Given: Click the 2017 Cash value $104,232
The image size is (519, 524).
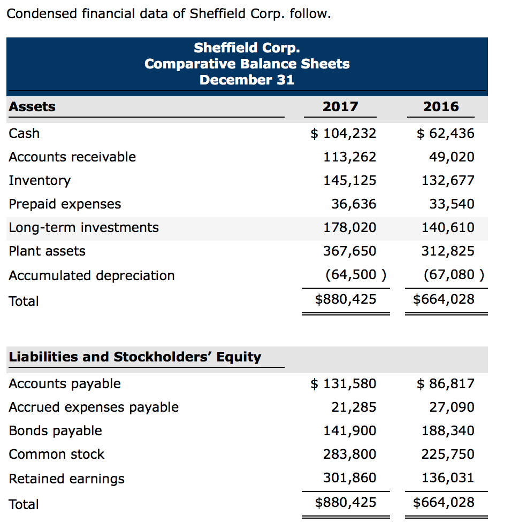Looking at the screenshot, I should point(344,133).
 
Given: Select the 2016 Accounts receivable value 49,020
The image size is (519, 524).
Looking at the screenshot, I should point(452,157).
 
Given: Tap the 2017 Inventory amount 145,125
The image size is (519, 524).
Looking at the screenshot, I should point(349,180).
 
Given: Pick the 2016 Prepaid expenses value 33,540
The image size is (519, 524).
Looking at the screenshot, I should point(452,204).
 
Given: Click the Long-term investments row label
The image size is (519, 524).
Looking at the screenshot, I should point(84,227).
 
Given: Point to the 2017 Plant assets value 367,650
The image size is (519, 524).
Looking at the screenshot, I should point(349,251).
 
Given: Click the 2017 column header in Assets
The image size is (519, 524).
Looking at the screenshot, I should point(340,106).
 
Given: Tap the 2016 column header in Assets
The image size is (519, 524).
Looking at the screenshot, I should point(441,106).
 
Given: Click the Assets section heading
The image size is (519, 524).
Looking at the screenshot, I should point(32,106).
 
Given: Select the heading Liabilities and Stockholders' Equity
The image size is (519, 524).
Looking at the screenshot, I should point(135,357).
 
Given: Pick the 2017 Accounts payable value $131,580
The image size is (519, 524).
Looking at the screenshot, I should point(344,383).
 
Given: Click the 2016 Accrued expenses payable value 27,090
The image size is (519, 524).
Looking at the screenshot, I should point(452,407).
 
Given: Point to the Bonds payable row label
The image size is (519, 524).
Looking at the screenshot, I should point(55,430).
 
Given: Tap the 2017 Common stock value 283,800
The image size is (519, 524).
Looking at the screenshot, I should point(349,454).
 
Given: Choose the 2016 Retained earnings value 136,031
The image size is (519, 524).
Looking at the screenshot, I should point(447,477).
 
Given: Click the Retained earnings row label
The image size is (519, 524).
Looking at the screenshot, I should point(67,479).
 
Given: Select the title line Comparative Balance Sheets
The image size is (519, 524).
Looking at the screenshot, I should point(247,64).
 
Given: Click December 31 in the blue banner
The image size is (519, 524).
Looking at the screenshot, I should point(247,80).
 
